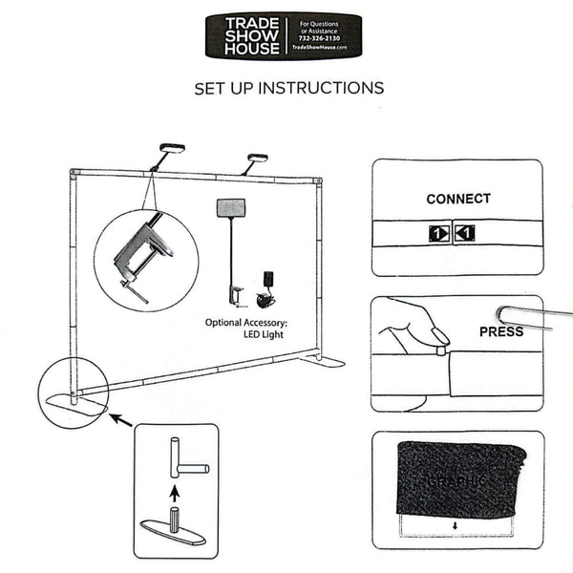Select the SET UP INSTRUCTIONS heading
tap(288, 88)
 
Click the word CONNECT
tap(458, 199)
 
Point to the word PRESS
tap(500, 331)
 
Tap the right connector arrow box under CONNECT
tap(464, 232)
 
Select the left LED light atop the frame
tap(172, 149)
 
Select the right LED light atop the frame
tap(257, 159)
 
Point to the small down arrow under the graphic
tap(456, 524)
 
